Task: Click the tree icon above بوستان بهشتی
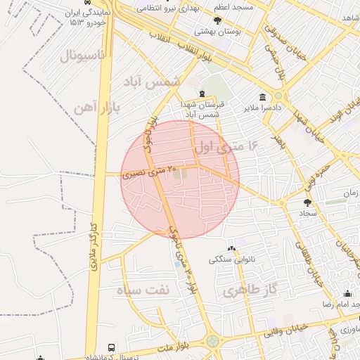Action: [217, 21]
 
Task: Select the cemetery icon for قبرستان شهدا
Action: [202, 94]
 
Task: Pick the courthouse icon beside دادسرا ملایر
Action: [262, 97]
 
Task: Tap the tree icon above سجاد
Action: [307, 202]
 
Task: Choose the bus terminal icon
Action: [111, 347]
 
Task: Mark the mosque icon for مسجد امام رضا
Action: [347, 294]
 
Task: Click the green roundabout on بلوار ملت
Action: [212, 341]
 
